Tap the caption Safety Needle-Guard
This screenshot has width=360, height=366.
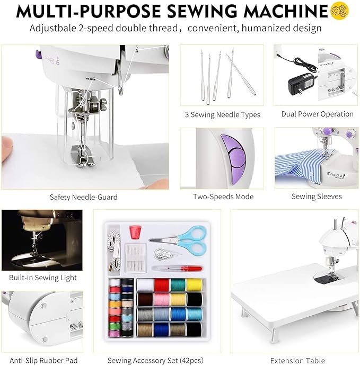pos(84,197)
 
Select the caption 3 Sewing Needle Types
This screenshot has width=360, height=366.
pos(223,114)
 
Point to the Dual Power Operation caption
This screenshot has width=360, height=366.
pos(317,114)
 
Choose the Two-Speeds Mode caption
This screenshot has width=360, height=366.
pos(223,197)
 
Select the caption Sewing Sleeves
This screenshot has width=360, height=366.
pos(317,197)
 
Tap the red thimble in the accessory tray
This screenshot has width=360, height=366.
pos(135,231)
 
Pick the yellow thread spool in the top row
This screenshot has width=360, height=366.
pos(195,284)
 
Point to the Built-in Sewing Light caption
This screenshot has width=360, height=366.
pos(43,278)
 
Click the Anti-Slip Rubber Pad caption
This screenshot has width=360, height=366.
pos(43,361)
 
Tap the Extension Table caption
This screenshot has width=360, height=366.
pos(294,361)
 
